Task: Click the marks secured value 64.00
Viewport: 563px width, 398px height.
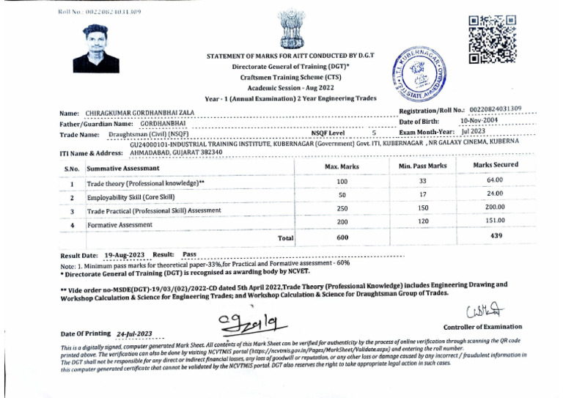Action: pos(494,180)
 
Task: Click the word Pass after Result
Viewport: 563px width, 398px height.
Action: pos(189,254)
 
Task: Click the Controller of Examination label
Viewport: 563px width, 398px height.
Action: pos(483,327)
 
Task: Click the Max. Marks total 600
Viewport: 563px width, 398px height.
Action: pos(342,237)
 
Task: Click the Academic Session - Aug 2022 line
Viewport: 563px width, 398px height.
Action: pos(281,86)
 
